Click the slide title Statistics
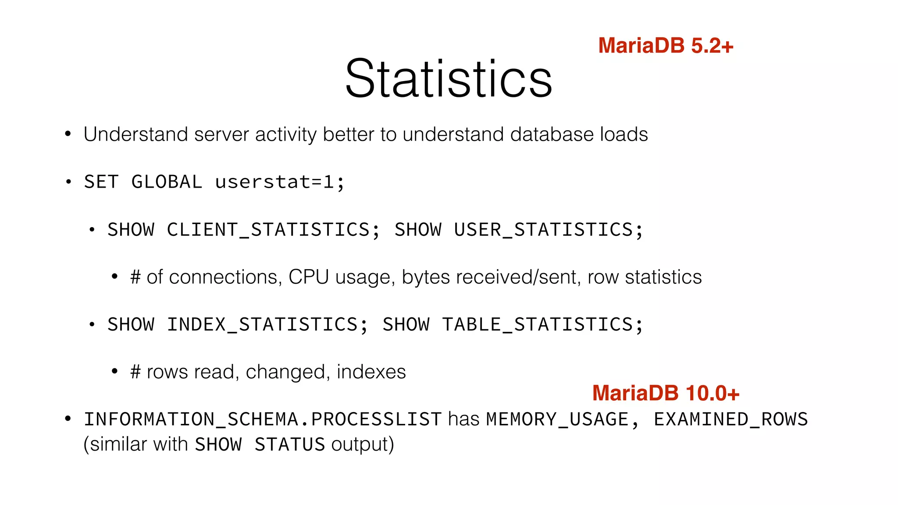click(448, 79)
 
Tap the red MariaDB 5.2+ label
click(665, 46)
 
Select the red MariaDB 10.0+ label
click(665, 393)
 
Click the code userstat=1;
click(280, 182)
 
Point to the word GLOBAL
click(167, 182)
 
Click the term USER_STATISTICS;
click(548, 230)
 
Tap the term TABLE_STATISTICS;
click(542, 325)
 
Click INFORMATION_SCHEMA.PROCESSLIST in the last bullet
click(262, 420)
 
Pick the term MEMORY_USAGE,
click(563, 420)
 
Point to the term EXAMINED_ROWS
click(731, 420)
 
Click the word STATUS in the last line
click(289, 445)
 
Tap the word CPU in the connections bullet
click(308, 277)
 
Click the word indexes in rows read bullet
click(371, 372)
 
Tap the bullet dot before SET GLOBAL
click(68, 182)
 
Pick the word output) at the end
click(363, 445)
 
